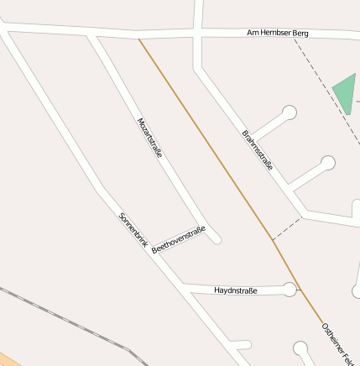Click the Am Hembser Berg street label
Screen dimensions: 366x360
pos(278,33)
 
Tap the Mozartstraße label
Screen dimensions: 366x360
pos(149,138)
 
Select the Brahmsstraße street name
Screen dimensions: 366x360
pos(258,150)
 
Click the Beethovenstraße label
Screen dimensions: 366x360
pos(178,239)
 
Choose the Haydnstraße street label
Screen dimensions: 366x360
pos(236,290)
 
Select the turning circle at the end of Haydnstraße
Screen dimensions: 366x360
pos(290,290)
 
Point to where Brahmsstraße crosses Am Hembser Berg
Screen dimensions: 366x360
pos(198,34)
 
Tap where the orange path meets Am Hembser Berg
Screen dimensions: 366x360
pos(139,39)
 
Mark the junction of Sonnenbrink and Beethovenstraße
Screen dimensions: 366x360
pos(150,249)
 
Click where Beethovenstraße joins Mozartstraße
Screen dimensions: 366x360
pos(205,226)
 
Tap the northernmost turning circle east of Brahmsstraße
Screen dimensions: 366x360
pos(290,112)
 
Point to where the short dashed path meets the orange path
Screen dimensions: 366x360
pos(272,240)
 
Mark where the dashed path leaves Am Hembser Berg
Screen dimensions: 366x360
pos(294,37)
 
